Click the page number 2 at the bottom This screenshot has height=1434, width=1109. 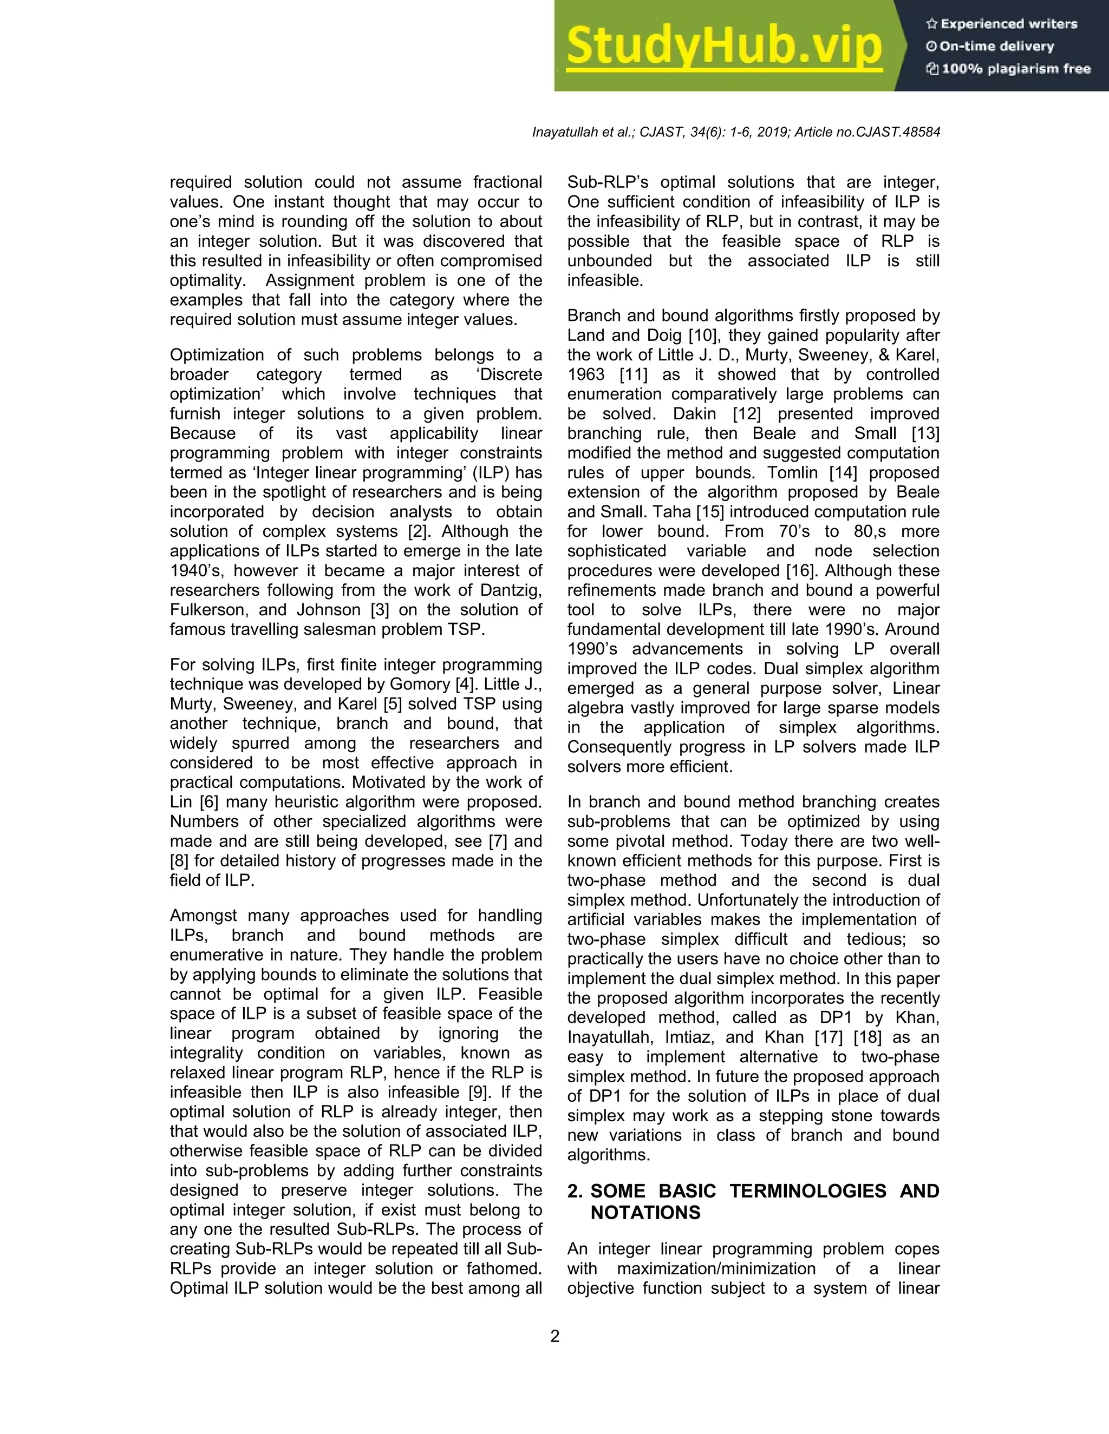(x=554, y=1336)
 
